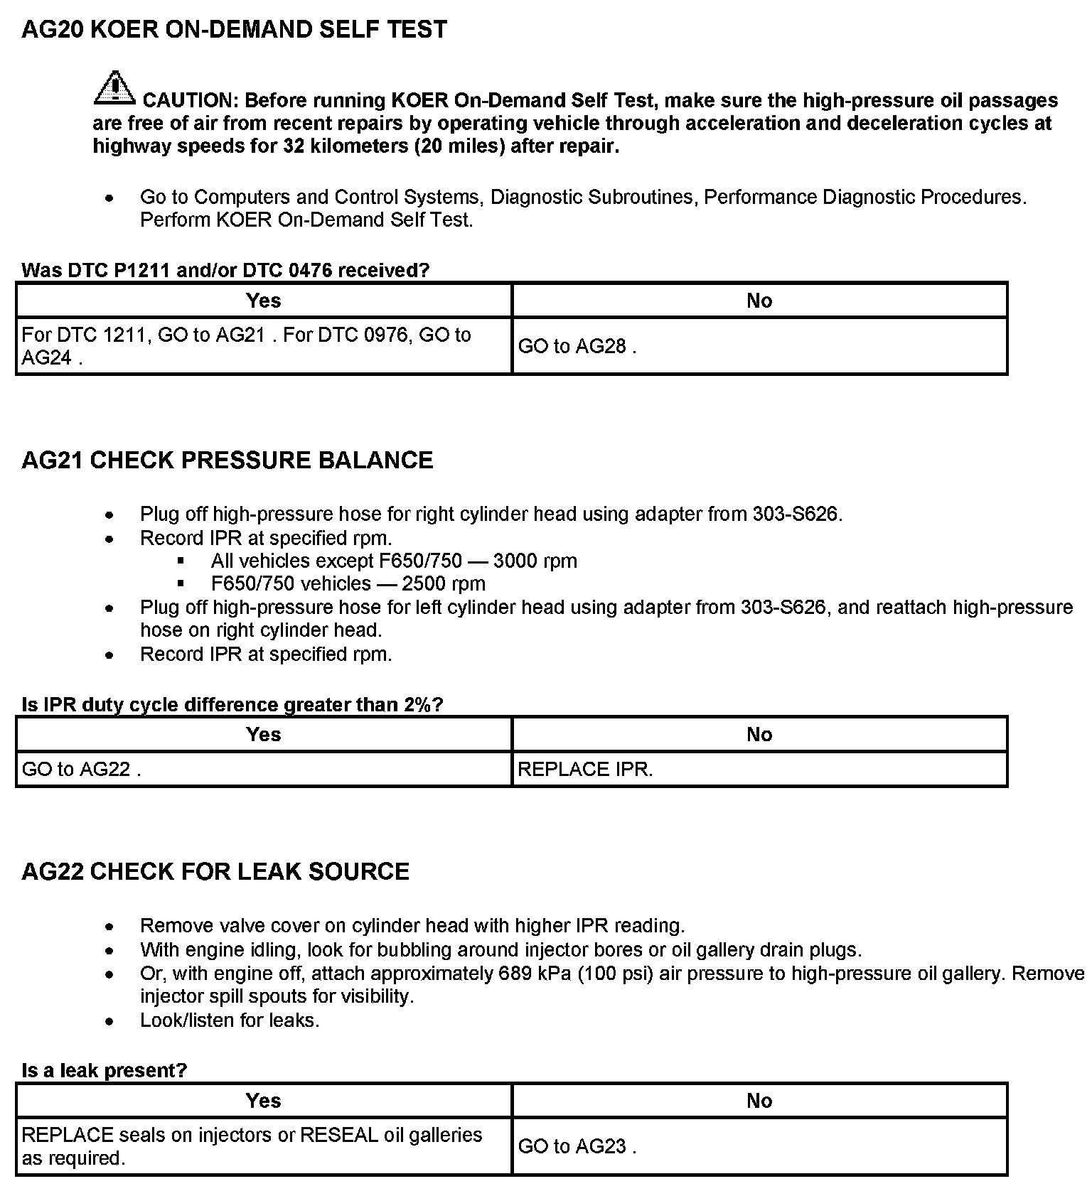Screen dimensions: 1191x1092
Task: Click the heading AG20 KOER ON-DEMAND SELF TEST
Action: pyautogui.click(x=234, y=30)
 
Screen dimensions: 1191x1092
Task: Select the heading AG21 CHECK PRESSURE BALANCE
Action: pyautogui.click(x=227, y=460)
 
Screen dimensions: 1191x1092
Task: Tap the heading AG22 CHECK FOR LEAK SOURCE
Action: pyautogui.click(x=215, y=872)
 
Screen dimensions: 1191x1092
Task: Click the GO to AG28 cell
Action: pyautogui.click(x=577, y=346)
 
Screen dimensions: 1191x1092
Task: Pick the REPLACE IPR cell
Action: pyautogui.click(x=585, y=770)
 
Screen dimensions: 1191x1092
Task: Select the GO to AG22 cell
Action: pyautogui.click(x=81, y=770)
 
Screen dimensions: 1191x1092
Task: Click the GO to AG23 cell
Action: pyautogui.click(x=577, y=1146)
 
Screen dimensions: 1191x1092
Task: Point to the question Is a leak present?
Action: pyautogui.click(x=104, y=1070)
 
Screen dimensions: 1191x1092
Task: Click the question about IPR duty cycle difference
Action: pyautogui.click(x=232, y=705)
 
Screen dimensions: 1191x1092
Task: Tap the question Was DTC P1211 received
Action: pyautogui.click(x=225, y=270)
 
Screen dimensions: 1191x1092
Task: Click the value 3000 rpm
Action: pyautogui.click(x=535, y=561)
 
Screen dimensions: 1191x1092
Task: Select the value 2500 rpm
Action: pyautogui.click(x=444, y=584)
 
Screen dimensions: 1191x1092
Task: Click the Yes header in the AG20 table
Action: pyautogui.click(x=264, y=301)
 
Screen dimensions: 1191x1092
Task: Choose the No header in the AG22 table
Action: pyautogui.click(x=759, y=1101)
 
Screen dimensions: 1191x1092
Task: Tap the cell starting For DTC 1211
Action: pyautogui.click(x=246, y=346)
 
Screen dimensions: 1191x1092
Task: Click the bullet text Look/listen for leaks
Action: pyautogui.click(x=230, y=1020)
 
